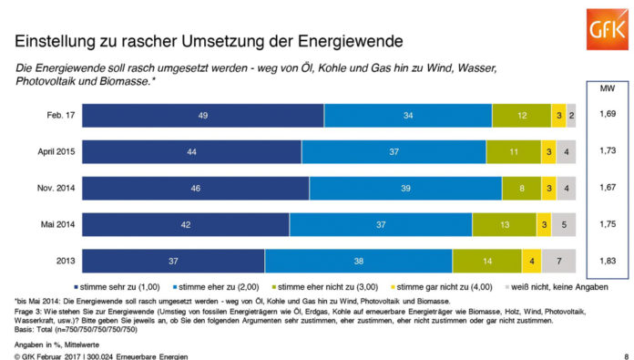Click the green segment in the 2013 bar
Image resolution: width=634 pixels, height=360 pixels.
pyautogui.click(x=486, y=261)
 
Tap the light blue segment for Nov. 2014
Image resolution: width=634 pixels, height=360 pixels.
pyautogui.click(x=405, y=188)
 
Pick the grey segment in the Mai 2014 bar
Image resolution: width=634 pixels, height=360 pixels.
pyautogui.click(x=564, y=224)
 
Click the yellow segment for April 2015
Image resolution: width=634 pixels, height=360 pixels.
pyautogui.click(x=547, y=152)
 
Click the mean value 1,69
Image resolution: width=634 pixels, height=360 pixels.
pyautogui.click(x=606, y=116)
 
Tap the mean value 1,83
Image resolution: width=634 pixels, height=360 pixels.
pyautogui.click(x=606, y=261)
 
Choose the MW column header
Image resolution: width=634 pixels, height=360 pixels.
pyautogui.click(x=606, y=89)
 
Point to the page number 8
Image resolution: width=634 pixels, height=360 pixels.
pyautogui.click(x=625, y=355)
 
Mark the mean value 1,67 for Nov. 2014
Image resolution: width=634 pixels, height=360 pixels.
pyautogui.click(x=606, y=188)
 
